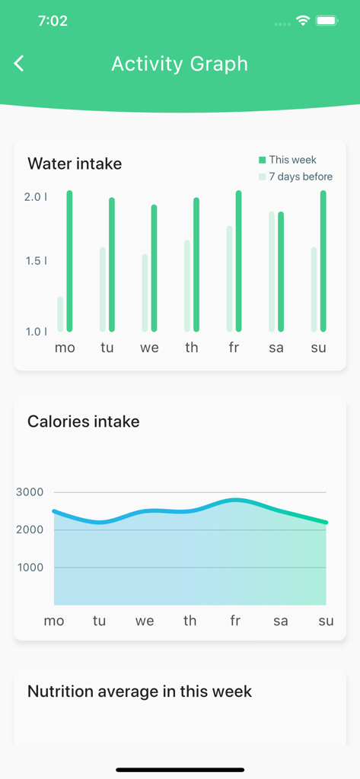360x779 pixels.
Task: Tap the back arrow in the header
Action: [20, 64]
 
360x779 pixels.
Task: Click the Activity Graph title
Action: [180, 64]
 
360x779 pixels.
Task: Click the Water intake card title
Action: [75, 164]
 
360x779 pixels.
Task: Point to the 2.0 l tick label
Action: [35, 197]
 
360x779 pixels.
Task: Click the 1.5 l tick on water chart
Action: [35, 261]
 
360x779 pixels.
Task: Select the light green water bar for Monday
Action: [60, 314]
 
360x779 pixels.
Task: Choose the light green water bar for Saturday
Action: [272, 272]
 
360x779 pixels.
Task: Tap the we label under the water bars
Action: [149, 348]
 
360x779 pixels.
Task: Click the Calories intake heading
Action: [83, 421]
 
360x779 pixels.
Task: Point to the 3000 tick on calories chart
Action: [30, 492]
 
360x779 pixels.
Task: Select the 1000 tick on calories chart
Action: [30, 568]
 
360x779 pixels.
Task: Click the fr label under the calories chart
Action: [235, 621]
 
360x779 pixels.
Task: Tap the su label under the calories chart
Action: [326, 621]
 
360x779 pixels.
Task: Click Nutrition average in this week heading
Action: [139, 692]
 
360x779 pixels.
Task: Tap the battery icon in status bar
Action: [327, 21]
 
